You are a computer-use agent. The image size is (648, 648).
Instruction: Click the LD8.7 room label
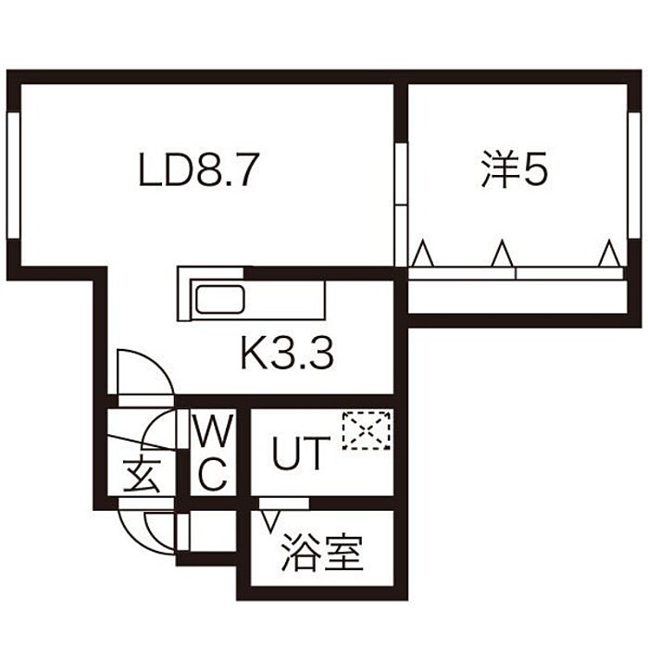pos(199,169)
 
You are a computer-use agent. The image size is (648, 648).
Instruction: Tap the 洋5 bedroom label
pos(515,169)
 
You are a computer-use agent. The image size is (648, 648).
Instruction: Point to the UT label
pos(302,454)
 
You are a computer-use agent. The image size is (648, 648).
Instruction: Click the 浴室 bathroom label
pos(322,553)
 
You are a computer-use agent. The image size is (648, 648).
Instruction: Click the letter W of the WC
pos(213,431)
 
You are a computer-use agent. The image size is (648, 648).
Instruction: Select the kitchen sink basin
pos(220,299)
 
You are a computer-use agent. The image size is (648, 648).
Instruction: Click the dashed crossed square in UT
pos(367,430)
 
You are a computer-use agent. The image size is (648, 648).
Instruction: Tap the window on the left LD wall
pos(14,175)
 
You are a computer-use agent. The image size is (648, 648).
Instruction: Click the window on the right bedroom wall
pos(634,175)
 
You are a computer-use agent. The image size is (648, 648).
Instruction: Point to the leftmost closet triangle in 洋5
pos(423,254)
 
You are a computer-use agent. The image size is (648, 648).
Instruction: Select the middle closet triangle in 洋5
pos(502,254)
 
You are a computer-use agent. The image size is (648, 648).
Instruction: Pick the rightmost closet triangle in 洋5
pos(609,254)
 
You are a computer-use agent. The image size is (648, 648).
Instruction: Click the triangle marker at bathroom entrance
pos(270,521)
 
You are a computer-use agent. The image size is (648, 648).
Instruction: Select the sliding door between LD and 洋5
pos(401,205)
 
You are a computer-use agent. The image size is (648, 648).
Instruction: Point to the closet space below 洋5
pos(517,297)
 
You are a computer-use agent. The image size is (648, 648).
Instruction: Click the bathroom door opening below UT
pos(284,503)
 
